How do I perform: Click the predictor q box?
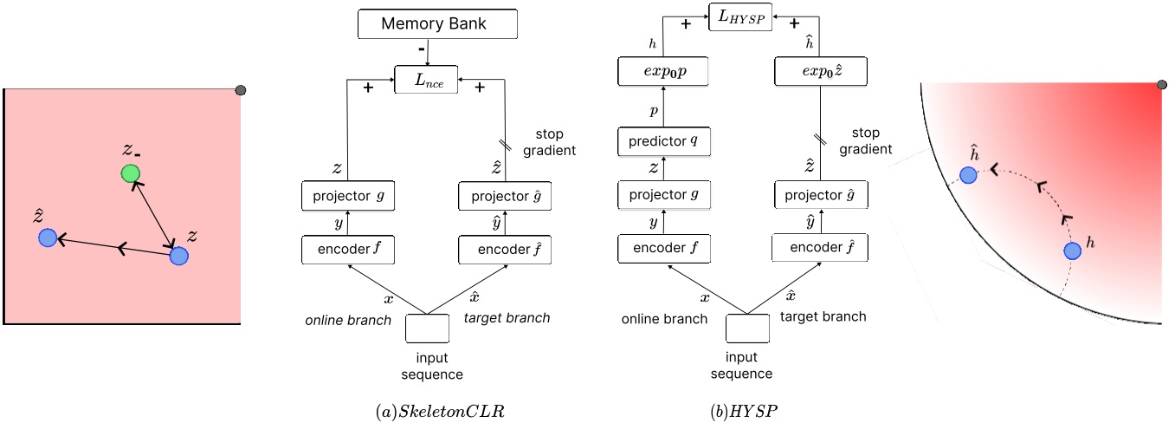pyautogui.click(x=664, y=141)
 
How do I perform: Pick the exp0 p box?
pyautogui.click(x=664, y=72)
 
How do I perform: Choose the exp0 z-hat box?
pyautogui.click(x=818, y=72)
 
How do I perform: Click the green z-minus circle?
pyautogui.click(x=130, y=173)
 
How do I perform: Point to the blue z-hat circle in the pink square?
pyautogui.click(x=48, y=238)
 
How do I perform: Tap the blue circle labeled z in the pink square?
pyautogui.click(x=178, y=256)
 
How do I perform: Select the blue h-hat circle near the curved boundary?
pyautogui.click(x=968, y=175)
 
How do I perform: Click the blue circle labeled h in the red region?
pyautogui.click(x=1071, y=251)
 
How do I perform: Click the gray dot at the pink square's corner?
pyautogui.click(x=241, y=89)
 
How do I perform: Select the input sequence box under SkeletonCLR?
pyautogui.click(x=427, y=329)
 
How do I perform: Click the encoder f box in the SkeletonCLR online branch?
pyautogui.click(x=346, y=251)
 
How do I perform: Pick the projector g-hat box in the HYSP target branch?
pyautogui.click(x=818, y=196)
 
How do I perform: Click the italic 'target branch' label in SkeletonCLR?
pyautogui.click(x=507, y=318)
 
